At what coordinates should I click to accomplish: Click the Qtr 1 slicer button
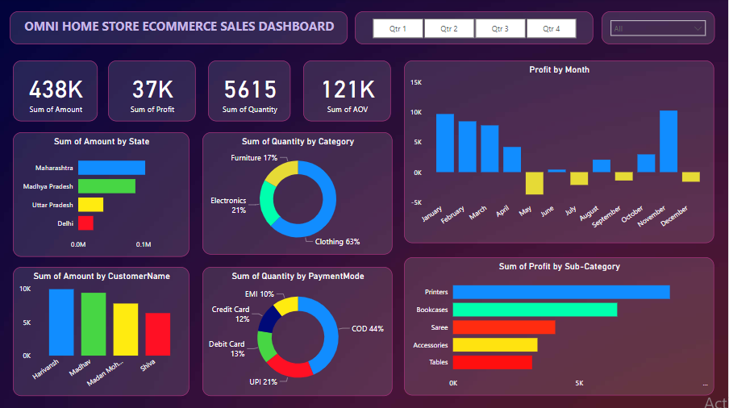(398, 28)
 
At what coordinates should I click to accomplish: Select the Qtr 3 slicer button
(500, 28)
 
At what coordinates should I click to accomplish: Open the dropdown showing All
(658, 29)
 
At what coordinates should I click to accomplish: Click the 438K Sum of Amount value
(56, 89)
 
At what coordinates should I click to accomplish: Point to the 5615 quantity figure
(250, 89)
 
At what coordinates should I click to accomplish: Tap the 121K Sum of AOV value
(348, 89)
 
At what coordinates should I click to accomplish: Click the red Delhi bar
(85, 223)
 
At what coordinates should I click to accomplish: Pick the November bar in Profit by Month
(668, 141)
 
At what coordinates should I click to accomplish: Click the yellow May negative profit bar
(534, 183)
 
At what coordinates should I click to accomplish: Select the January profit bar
(445, 143)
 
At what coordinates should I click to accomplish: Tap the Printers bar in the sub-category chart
(560, 292)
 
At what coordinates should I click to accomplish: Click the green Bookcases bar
(535, 310)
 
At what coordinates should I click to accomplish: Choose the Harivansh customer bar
(61, 322)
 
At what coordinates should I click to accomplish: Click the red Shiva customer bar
(158, 334)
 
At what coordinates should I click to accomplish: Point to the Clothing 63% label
(337, 241)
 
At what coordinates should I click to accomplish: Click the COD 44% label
(367, 329)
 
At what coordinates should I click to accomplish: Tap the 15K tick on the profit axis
(416, 82)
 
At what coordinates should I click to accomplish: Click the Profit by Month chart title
(559, 70)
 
